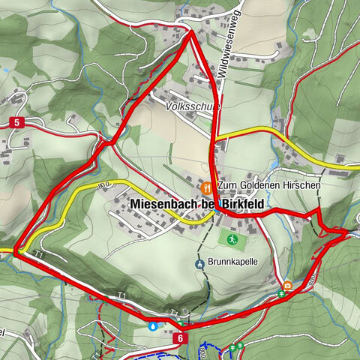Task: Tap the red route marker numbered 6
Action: [181, 338]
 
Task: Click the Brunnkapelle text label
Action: [232, 263]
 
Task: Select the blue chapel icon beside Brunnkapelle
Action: [200, 264]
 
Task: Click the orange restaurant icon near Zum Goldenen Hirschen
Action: [208, 185]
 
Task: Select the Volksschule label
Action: [191, 107]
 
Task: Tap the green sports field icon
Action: [232, 239]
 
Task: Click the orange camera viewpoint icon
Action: [287, 285]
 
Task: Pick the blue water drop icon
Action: [153, 326]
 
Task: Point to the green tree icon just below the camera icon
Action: [281, 295]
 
